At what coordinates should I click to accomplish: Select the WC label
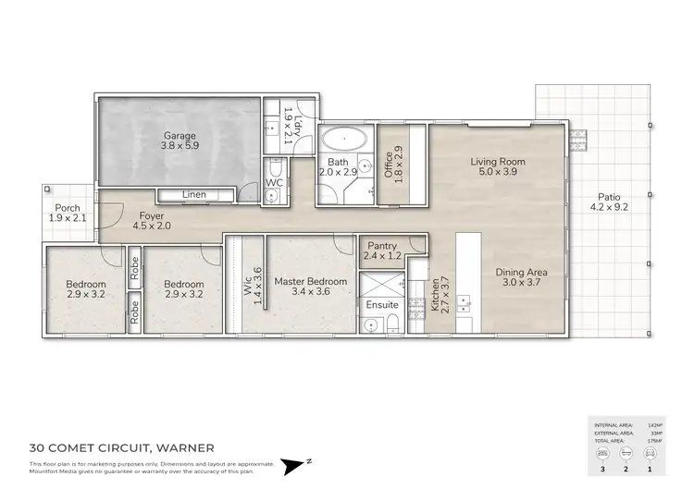coord(275,182)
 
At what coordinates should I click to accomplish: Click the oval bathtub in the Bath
coord(344,141)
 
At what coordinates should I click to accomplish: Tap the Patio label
coord(608,196)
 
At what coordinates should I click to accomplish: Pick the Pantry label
coord(382,245)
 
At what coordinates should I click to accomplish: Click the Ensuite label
coord(382,304)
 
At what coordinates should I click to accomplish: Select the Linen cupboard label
coord(194,194)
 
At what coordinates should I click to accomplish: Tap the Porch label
coord(66,208)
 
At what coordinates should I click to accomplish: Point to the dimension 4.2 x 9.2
coord(608,208)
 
